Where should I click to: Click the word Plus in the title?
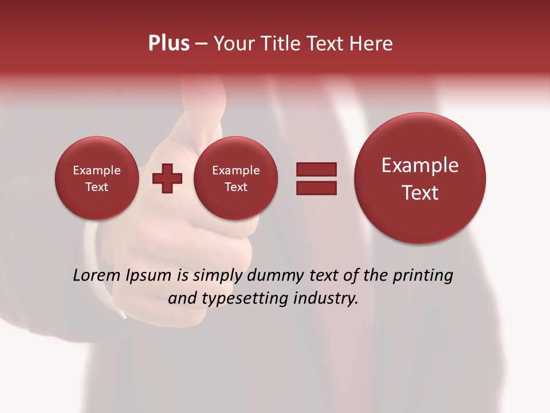click(168, 44)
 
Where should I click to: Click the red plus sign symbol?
click(167, 178)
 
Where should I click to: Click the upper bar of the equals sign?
click(316, 169)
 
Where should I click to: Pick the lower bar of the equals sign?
click(316, 188)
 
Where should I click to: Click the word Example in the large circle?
click(420, 166)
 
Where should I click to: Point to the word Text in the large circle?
click(420, 193)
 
